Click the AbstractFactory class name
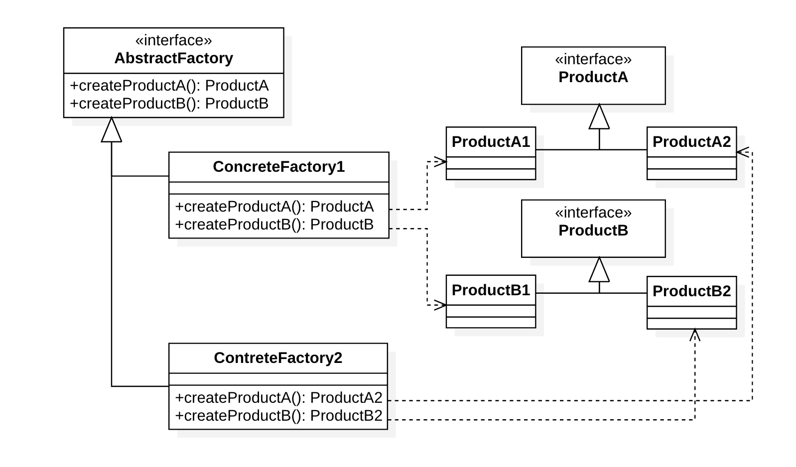click(x=173, y=58)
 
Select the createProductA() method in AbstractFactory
click(x=169, y=86)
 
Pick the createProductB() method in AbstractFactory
click(x=169, y=104)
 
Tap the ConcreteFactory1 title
click(x=278, y=167)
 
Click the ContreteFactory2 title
click(x=278, y=358)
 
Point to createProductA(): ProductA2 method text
click(x=278, y=398)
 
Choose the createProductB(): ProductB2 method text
click(x=278, y=416)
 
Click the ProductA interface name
click(x=593, y=77)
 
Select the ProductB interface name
click(x=593, y=231)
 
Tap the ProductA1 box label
click(x=491, y=142)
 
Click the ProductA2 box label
click(x=691, y=142)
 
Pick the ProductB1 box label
click(x=491, y=290)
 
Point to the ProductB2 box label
click(x=691, y=291)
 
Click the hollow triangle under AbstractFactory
click(x=112, y=131)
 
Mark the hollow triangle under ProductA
click(x=599, y=118)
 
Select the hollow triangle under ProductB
click(x=599, y=271)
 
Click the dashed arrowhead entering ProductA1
click(x=440, y=161)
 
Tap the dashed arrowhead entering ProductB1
click(x=440, y=305)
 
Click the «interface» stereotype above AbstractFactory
click(x=173, y=40)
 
